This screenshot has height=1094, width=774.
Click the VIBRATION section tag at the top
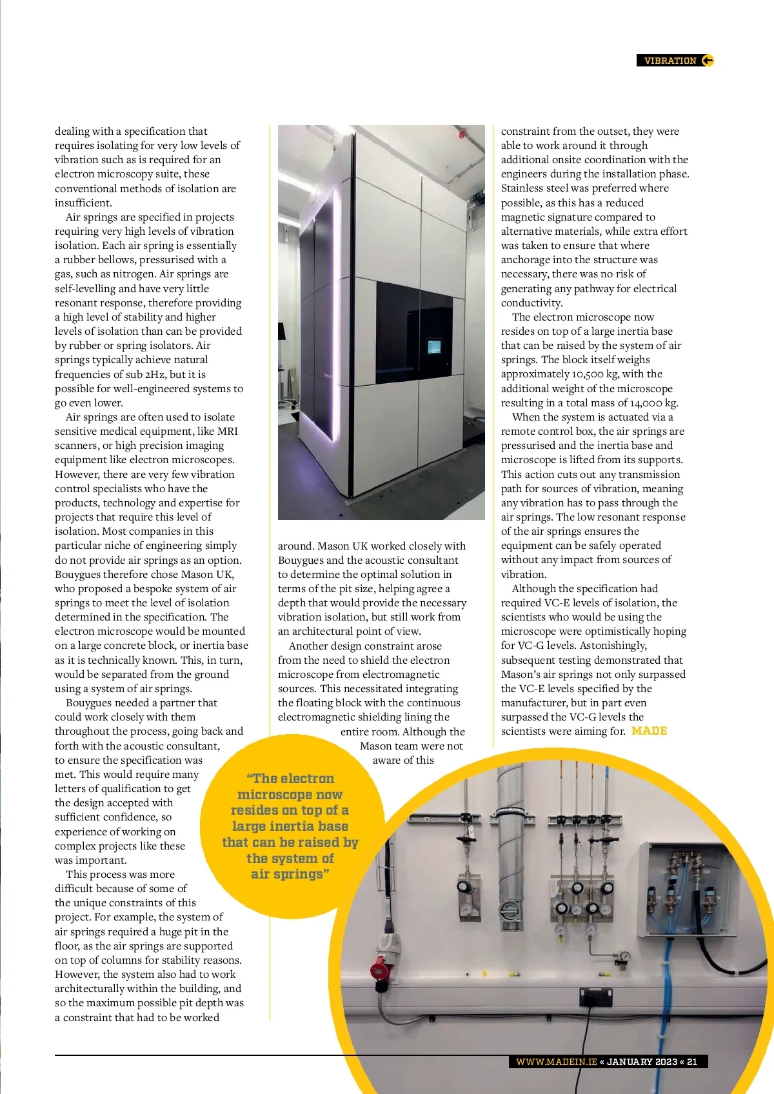click(670, 61)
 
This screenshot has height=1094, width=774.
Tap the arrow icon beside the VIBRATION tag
click(708, 61)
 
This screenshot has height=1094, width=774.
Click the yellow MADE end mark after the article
click(649, 731)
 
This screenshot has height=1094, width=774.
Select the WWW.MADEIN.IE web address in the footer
click(556, 1062)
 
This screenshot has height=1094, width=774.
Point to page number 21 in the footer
click(692, 1062)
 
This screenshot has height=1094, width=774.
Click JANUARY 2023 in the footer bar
click(642, 1062)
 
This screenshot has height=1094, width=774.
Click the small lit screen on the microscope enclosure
click(434, 347)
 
